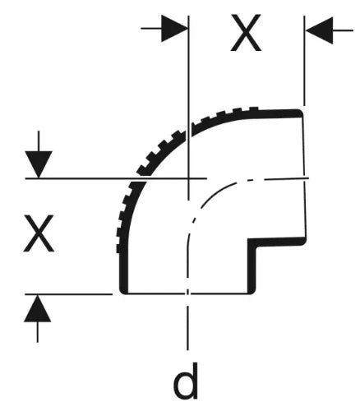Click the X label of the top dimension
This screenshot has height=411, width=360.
246,33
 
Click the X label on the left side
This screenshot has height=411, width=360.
39,233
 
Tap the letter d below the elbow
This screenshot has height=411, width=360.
186,381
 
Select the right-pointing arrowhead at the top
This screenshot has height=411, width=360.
174,28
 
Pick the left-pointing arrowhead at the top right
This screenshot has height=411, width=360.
319,30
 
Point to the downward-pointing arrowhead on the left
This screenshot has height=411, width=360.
39,164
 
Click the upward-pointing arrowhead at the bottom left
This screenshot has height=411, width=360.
38,309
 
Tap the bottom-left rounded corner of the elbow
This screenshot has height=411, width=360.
123,291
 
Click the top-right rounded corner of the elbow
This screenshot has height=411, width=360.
300,113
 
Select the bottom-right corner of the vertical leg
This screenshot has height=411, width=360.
252,292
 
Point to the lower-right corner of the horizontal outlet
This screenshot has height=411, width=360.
302,242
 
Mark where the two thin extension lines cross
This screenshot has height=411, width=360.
188,178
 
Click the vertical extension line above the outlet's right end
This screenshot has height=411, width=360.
304,61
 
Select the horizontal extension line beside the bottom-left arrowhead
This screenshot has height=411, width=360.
68,294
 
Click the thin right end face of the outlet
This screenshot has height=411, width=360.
304,178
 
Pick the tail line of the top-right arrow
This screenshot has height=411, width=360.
343,30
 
